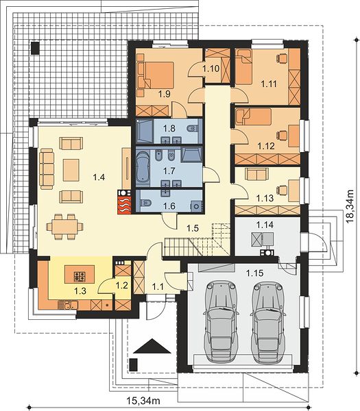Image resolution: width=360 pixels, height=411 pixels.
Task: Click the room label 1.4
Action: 99,177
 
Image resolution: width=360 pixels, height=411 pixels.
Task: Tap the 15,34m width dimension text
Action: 143,401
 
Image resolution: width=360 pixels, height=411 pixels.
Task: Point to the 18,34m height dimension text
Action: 350,206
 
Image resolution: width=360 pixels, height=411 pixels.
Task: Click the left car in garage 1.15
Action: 221,322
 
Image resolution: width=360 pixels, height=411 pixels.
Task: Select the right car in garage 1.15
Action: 268,323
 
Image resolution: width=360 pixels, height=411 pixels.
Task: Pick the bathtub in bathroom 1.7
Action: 143,166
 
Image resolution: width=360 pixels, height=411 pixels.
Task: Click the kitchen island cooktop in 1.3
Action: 80,276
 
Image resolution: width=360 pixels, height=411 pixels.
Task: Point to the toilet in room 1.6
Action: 145,203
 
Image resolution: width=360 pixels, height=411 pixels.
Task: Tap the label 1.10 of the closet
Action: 211,68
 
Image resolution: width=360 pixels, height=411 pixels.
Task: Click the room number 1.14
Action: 265,225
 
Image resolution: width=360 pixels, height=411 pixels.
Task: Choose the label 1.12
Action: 266,146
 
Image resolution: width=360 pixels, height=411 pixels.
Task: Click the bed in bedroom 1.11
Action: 243,67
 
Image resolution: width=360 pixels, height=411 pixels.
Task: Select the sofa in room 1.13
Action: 257,174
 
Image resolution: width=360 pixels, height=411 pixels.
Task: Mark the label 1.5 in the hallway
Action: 193,228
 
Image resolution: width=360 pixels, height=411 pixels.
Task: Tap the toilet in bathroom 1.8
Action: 193,129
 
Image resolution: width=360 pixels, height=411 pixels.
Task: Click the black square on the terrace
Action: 36,47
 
